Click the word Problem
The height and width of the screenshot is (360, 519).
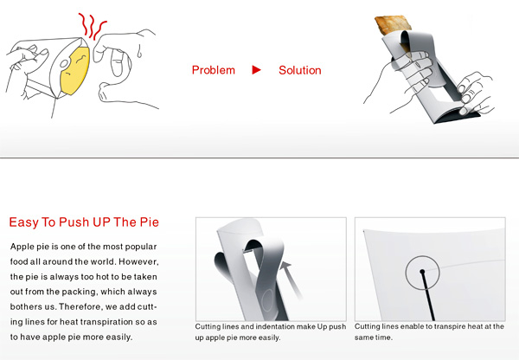214,70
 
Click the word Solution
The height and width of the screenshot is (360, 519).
300,70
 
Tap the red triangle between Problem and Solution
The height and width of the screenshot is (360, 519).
257,70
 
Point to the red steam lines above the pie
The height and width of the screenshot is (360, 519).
92,26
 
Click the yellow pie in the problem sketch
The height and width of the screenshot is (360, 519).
75,70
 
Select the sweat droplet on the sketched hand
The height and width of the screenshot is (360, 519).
140,52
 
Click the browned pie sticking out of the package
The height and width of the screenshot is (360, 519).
393,24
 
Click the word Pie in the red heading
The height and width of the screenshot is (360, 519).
150,222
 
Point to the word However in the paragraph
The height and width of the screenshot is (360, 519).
139,262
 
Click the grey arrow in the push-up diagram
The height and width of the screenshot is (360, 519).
291,280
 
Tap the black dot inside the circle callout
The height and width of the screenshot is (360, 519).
422,272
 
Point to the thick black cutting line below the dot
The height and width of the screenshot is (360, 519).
428,297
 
